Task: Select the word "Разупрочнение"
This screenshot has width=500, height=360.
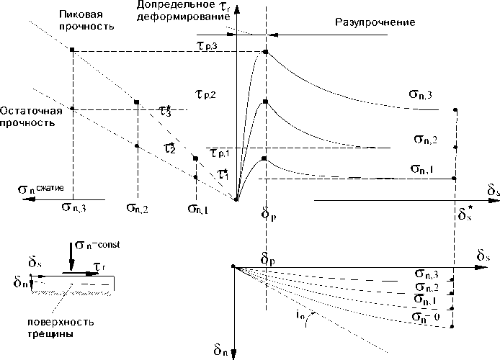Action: coord(375,22)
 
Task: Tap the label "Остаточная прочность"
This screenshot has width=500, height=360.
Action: coord(28,117)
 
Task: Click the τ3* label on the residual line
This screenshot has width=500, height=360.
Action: coord(165,112)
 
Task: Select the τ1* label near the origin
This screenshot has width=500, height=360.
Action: coord(222,173)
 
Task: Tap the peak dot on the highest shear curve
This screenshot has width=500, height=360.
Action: coord(266,52)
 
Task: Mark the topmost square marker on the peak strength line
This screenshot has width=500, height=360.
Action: coord(73,49)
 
